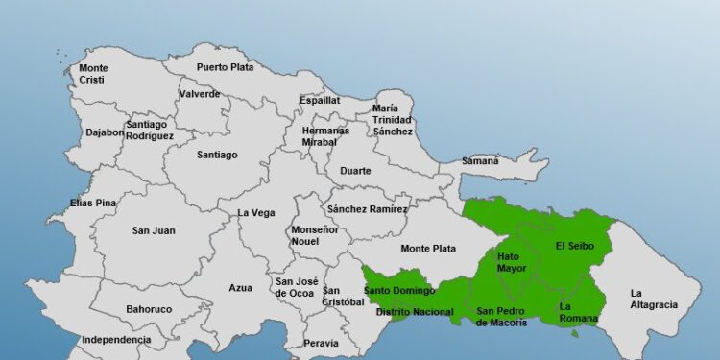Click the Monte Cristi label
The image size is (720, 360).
tap(93, 74)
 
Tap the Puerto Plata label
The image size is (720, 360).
tap(226, 67)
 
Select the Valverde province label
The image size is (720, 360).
tap(199, 94)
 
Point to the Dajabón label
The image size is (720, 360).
tap(105, 132)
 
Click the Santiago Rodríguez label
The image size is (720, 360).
tap(149, 130)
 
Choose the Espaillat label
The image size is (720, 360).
tap(320, 100)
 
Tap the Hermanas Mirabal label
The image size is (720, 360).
tap(320, 135)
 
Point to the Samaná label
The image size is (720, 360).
tap(480, 161)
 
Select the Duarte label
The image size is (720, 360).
tap(355, 172)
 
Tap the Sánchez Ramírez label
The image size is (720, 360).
tap(367, 209)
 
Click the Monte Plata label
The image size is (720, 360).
tap(428, 249)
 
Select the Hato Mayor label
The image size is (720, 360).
tap(512, 262)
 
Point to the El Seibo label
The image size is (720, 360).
tap(575, 246)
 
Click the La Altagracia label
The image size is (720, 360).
tap(653, 299)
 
